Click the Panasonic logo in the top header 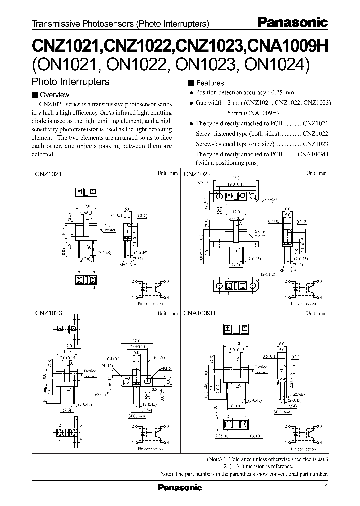(x=292, y=22)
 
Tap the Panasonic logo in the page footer (x=180, y=487)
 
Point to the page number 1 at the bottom (x=326, y=487)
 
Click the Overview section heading (x=54, y=95)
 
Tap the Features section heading (x=210, y=83)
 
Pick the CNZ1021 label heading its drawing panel (x=48, y=174)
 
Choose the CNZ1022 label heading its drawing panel (x=197, y=174)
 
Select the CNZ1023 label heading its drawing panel (x=48, y=314)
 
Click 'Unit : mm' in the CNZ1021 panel (x=168, y=173)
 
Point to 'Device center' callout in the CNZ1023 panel (x=90, y=373)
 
